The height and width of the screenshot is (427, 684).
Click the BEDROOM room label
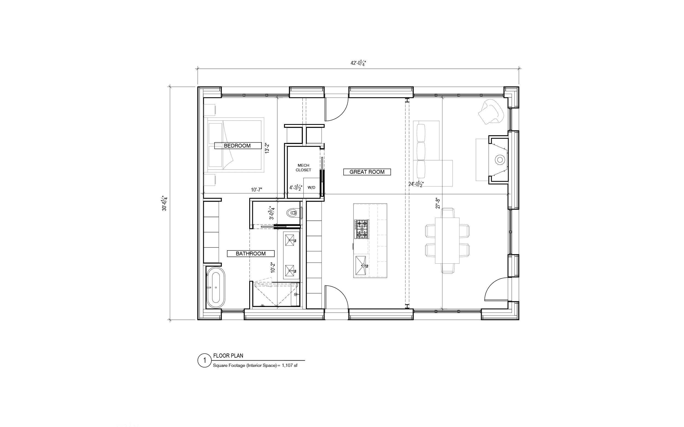237,146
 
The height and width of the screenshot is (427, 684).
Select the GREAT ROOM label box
367,172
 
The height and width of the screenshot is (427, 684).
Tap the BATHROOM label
251,254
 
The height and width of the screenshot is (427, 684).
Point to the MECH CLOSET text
303,168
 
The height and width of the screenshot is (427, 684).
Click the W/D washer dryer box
311,187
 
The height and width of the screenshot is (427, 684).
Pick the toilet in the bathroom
292,212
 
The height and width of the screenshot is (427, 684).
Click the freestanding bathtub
216,287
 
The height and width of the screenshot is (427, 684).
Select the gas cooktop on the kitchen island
362,229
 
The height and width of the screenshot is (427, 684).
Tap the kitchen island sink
361,266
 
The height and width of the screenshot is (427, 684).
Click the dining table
447,240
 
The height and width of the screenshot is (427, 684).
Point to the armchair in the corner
491,112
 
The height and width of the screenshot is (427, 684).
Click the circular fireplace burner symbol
500,160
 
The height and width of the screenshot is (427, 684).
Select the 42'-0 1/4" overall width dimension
358,63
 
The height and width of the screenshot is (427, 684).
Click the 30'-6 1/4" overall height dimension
164,203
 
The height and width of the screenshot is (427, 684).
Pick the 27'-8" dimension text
438,203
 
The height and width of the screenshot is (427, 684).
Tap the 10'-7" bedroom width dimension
256,190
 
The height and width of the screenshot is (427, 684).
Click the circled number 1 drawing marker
204,360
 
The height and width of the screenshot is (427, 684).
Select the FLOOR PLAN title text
228,356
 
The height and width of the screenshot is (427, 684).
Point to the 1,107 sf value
289,366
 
